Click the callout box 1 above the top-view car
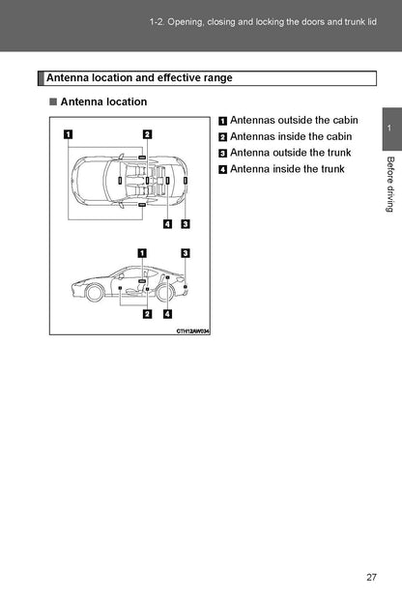68,134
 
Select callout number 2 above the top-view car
147,134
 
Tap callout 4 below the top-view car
168,223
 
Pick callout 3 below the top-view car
186,223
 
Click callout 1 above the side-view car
142,253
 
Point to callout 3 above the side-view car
186,253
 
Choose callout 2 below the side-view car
147,314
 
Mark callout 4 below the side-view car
168,314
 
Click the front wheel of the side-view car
94,293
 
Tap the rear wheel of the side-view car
164,293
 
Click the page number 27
371,577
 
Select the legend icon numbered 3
222,154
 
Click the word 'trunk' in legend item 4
332,169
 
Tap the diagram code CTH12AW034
193,331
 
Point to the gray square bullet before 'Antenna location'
53,101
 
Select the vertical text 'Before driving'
390,184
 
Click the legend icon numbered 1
222,121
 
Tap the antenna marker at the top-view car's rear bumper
186,180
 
